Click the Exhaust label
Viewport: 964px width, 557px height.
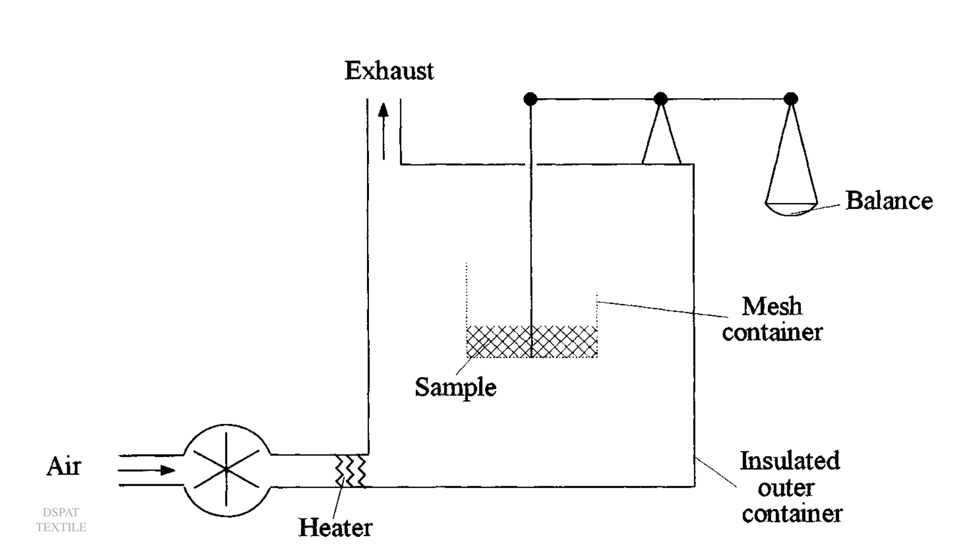click(x=389, y=70)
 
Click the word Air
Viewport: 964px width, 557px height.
click(x=64, y=466)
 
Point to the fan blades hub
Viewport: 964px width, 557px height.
click(x=226, y=469)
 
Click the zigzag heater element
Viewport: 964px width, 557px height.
click(x=351, y=471)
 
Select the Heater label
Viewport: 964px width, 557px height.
click(x=335, y=527)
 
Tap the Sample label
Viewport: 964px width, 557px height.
click(x=455, y=387)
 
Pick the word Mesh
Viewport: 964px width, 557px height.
click(x=771, y=306)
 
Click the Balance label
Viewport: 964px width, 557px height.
click(x=889, y=201)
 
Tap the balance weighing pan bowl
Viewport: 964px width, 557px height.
click(x=791, y=209)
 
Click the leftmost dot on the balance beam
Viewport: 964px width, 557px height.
click(x=531, y=99)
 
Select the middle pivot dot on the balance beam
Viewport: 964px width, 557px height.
click(x=660, y=99)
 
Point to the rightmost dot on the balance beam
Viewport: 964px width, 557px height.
click(x=791, y=99)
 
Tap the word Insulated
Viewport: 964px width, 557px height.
click(x=790, y=461)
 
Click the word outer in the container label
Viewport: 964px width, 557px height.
click(x=786, y=488)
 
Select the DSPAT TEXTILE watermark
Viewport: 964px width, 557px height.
click(x=61, y=520)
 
